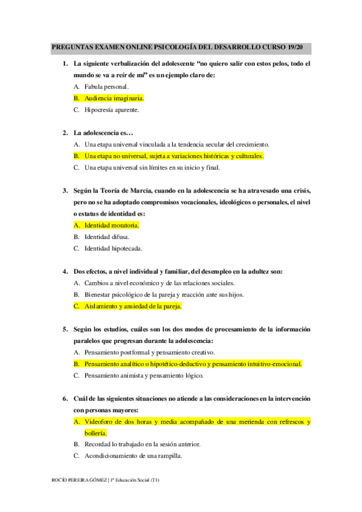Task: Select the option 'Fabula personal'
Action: pyautogui.click(x=106, y=87)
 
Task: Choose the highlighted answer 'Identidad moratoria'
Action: pyautogui.click(x=112, y=225)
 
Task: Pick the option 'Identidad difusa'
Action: pyautogui.click(x=107, y=237)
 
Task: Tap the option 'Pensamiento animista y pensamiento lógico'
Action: pyautogui.click(x=144, y=376)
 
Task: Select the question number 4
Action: pyautogui.click(x=65, y=272)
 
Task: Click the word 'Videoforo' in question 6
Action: pyautogui.click(x=99, y=421)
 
